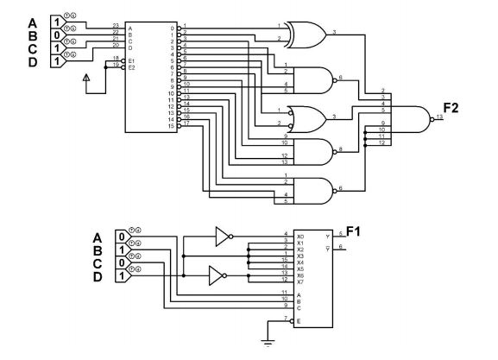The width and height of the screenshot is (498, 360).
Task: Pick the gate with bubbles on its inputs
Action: point(306,117)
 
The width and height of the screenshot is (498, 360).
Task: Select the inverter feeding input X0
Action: point(224,236)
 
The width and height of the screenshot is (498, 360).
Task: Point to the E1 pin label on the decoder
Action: point(131,60)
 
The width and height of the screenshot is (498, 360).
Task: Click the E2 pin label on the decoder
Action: point(131,66)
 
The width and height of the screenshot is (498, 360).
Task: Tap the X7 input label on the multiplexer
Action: point(300,281)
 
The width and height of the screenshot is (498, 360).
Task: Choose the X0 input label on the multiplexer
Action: point(300,236)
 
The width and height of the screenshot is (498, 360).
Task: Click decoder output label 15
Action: point(172,126)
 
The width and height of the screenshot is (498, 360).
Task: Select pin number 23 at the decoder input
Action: point(116,26)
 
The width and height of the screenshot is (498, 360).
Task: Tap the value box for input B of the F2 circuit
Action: point(57,36)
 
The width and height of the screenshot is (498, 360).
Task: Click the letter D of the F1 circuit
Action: point(98,276)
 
